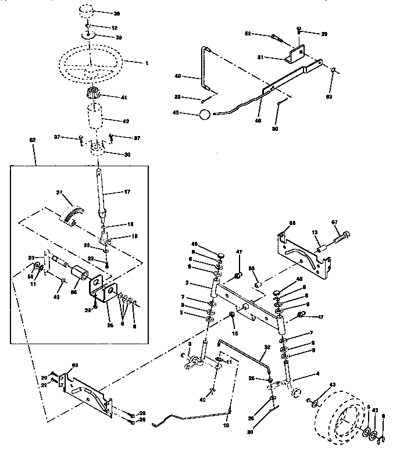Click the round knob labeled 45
203,114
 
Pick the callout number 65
252,269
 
